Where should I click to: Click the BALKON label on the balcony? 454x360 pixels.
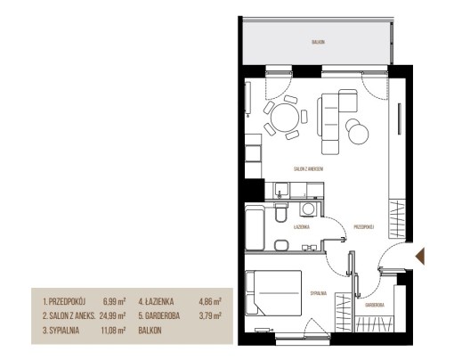tap(318, 42)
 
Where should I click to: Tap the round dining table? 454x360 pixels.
tap(284, 117)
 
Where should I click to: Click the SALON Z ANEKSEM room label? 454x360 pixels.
tap(308, 169)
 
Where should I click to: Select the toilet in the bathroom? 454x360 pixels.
tap(280, 212)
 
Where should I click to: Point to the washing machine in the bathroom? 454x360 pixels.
tap(309, 209)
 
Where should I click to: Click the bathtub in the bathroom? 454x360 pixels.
tap(255, 228)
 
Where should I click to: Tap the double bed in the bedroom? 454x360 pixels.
tap(273, 293)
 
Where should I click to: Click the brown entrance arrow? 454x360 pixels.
tap(420, 256)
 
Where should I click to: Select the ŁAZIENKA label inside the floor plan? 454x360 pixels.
tap(302, 227)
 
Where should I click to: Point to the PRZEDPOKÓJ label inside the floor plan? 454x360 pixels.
tap(364, 227)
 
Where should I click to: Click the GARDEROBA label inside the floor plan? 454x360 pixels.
tap(375, 305)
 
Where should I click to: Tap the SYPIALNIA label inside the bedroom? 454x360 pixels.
tap(319, 293)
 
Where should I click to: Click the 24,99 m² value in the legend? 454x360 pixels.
tap(112, 315)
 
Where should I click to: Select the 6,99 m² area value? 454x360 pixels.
tap(114, 302)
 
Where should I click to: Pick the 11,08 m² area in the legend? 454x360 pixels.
tap(113, 331)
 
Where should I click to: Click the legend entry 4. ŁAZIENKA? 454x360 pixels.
tap(156, 302)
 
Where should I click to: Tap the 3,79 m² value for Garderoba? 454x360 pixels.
tap(210, 315)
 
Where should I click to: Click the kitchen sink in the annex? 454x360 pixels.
tap(280, 190)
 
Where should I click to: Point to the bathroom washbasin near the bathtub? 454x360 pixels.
tap(281, 245)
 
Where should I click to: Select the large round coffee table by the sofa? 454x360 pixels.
tap(359, 134)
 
